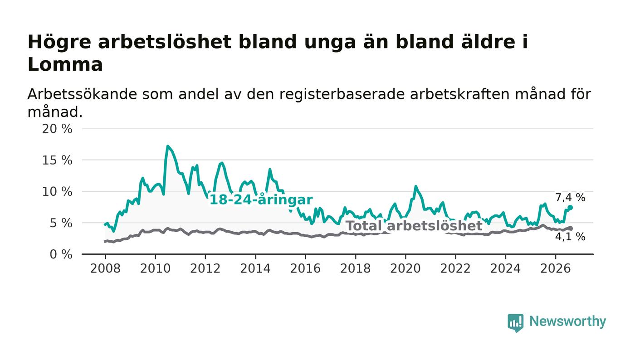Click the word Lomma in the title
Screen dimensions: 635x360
pyautogui.click(x=65, y=65)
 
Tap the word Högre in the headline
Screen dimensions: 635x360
pyautogui.click(x=59, y=43)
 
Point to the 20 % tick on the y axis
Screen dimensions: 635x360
pyautogui.click(x=57, y=129)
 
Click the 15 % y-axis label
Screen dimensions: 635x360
pyautogui.click(x=57, y=161)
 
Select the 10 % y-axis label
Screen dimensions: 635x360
pyautogui.click(x=57, y=192)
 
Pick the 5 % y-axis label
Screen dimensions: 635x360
pyautogui.click(x=61, y=224)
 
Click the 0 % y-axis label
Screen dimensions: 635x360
pyautogui.click(x=61, y=254)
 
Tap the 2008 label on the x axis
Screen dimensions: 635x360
pyautogui.click(x=105, y=268)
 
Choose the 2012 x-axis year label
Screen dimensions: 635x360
pyautogui.click(x=205, y=268)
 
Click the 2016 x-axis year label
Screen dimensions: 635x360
pyautogui.click(x=305, y=268)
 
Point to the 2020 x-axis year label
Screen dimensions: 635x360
pyautogui.click(x=405, y=268)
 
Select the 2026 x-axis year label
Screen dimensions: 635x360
pyautogui.click(x=555, y=268)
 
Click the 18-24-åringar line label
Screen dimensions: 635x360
pyautogui.click(x=261, y=199)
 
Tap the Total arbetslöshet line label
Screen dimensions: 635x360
pyautogui.click(x=414, y=226)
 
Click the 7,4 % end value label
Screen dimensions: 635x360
pyautogui.click(x=570, y=198)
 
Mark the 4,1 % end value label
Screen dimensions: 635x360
pyautogui.click(x=570, y=236)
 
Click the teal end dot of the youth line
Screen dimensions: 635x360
pyautogui.click(x=571, y=208)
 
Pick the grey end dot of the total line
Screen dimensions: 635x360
pyautogui.click(x=571, y=228)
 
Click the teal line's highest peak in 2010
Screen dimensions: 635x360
pyautogui.click(x=168, y=146)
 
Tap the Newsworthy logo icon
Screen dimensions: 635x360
pyautogui.click(x=515, y=323)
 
